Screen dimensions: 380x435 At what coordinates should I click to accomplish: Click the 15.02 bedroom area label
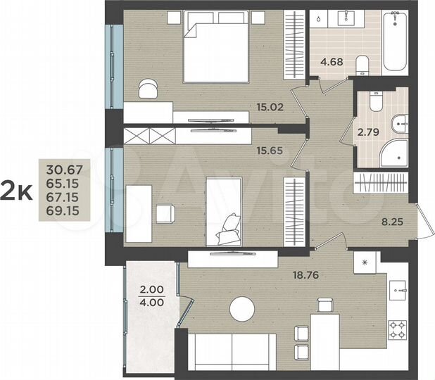270,108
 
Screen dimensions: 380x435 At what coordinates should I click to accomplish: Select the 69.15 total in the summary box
63,210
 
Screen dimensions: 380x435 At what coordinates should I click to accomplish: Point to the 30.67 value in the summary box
63,169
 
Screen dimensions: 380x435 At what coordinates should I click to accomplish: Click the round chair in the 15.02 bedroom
148,87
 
